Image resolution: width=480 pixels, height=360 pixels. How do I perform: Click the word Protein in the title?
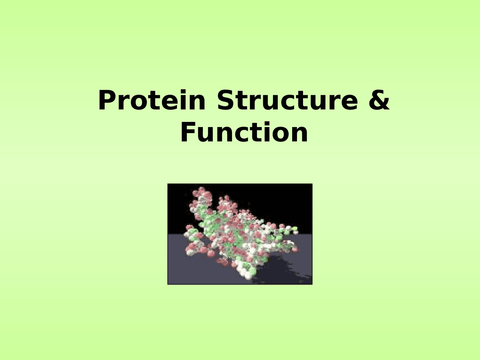(151, 100)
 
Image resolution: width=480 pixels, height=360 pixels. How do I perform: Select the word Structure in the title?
(287, 100)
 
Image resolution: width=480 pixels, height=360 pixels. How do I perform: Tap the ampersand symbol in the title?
(379, 100)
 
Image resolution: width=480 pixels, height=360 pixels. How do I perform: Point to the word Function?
(244, 133)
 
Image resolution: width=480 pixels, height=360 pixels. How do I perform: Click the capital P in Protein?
(106, 100)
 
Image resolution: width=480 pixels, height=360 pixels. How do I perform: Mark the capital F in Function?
(188, 133)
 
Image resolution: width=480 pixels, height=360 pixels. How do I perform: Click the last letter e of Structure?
(349, 102)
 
